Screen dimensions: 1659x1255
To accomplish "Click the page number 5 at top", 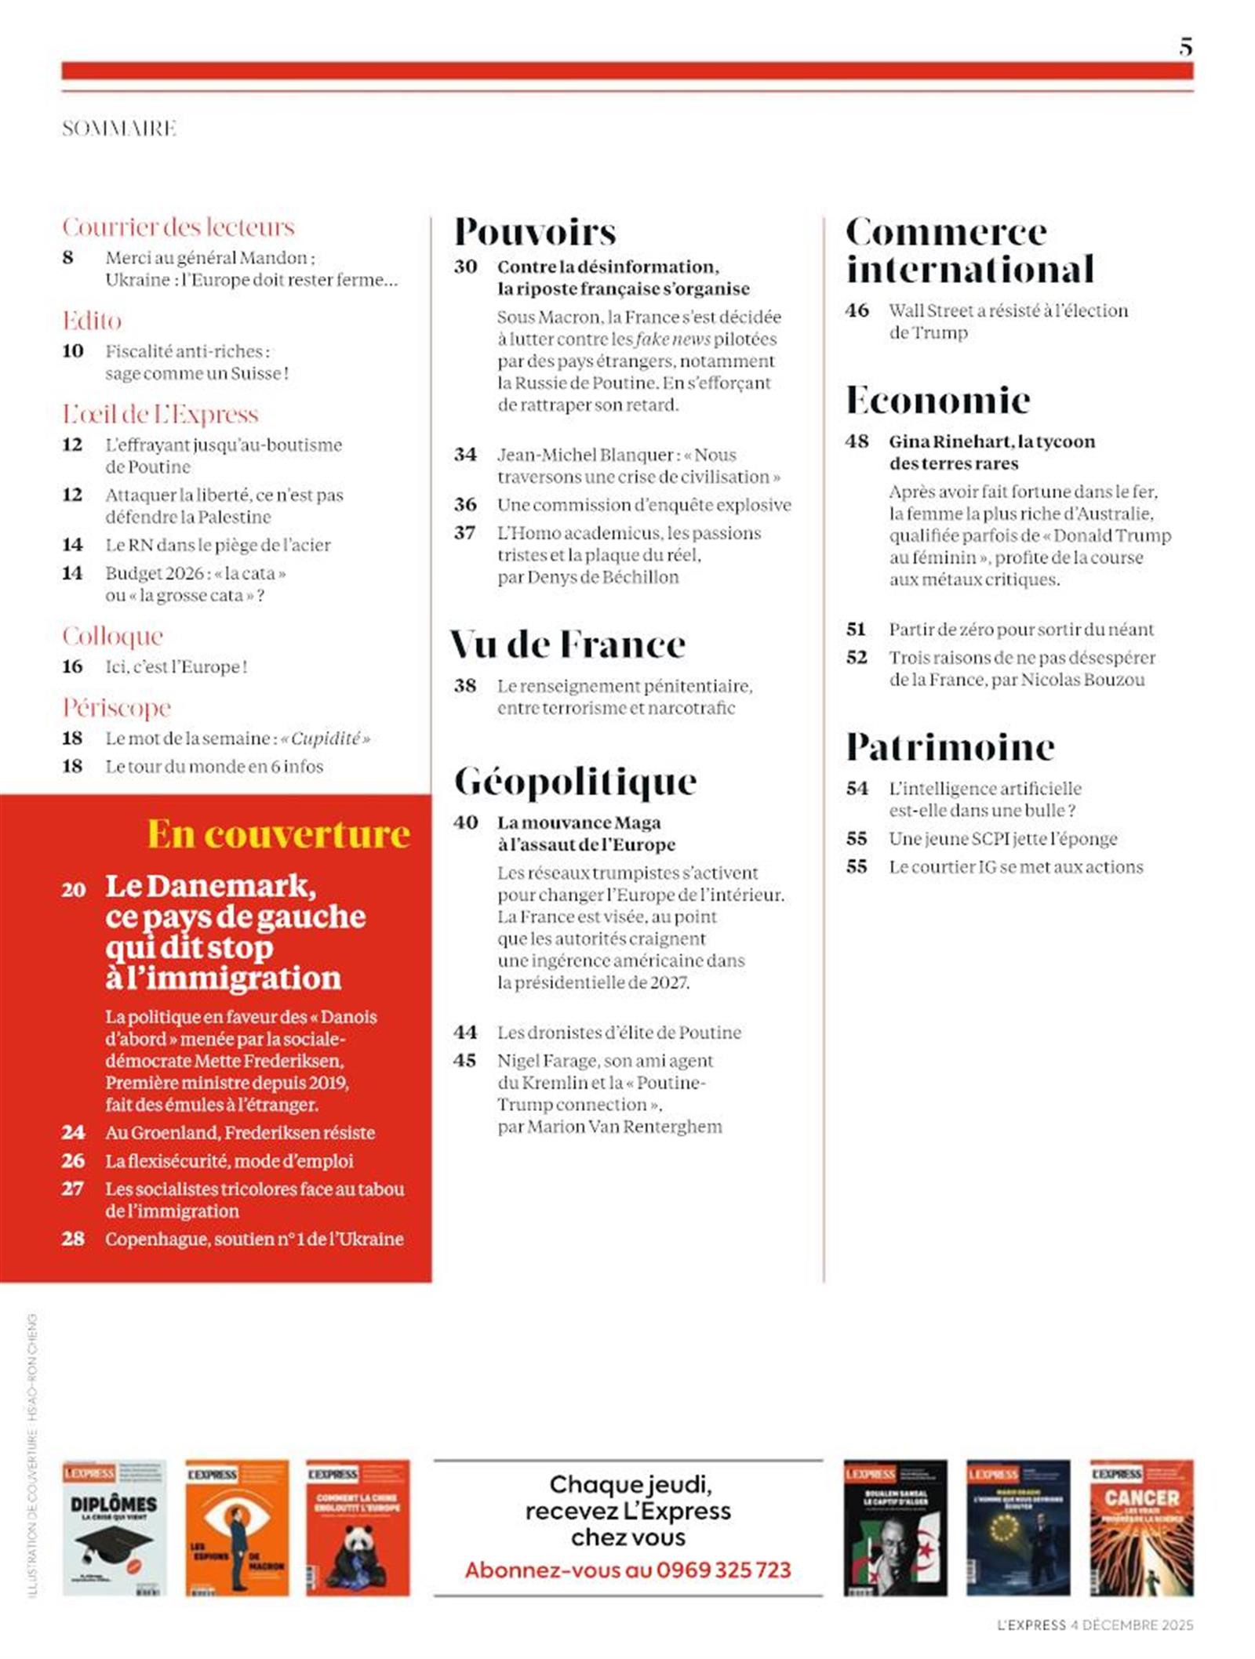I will click(1185, 47).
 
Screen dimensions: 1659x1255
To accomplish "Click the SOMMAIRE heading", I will click(119, 129).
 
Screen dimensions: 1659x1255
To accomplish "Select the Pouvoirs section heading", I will click(535, 232).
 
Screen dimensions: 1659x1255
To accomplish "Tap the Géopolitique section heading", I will click(575, 782).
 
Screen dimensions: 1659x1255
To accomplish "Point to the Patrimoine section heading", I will click(949, 746).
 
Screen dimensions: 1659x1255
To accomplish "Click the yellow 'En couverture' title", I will click(278, 833).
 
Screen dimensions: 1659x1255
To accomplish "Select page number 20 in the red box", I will click(74, 889).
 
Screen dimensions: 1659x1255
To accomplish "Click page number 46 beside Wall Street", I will click(857, 310).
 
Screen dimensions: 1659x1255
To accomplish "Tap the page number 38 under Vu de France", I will click(465, 686).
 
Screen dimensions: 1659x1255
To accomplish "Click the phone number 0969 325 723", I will click(723, 1570).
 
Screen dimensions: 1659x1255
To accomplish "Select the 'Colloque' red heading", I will click(113, 636).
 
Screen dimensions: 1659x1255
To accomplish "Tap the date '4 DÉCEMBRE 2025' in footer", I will click(1131, 1625).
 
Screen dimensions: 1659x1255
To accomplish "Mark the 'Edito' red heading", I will click(92, 321).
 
